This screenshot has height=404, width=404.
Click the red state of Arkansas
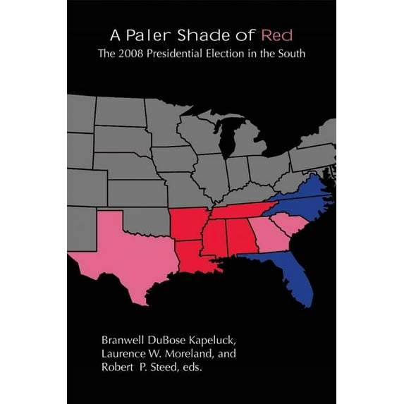point(188,222)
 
